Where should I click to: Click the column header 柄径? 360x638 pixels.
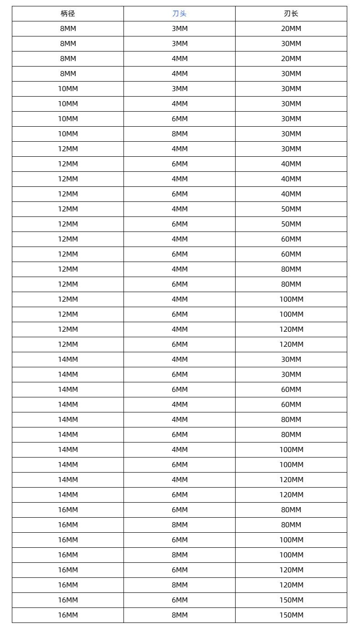click(x=68, y=14)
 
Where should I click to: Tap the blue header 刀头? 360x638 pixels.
click(x=180, y=14)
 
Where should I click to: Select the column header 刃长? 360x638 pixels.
click(x=291, y=14)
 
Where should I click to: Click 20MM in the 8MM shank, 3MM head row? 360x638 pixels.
click(x=291, y=29)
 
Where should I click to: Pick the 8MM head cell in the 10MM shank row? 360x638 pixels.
click(x=180, y=134)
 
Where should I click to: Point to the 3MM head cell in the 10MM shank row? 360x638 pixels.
click(x=180, y=89)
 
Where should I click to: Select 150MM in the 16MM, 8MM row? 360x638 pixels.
click(x=291, y=615)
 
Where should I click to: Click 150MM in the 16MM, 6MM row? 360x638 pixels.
click(x=291, y=600)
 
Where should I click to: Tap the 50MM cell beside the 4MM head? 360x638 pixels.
click(x=291, y=209)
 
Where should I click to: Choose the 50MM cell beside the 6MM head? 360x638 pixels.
click(x=291, y=224)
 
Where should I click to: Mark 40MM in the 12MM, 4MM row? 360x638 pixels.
click(x=291, y=179)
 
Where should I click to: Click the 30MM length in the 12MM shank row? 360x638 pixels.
click(x=291, y=149)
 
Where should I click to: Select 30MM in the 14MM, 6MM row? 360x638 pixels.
click(x=291, y=375)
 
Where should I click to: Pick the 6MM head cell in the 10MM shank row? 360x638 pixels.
click(x=180, y=119)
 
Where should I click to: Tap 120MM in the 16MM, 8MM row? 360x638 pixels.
click(x=291, y=585)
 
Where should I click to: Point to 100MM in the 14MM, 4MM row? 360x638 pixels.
click(x=291, y=450)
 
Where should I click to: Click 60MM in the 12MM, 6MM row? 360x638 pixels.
click(x=291, y=254)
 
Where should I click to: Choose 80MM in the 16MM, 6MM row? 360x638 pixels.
click(x=291, y=510)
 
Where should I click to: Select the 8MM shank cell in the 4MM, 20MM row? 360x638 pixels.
click(x=68, y=59)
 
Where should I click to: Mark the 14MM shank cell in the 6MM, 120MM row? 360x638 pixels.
click(x=68, y=495)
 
